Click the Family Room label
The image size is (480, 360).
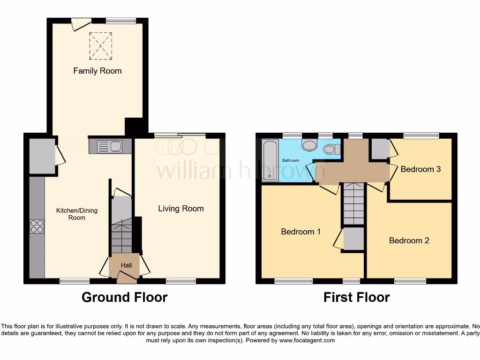tap(97, 71)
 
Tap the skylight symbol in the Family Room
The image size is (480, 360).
tap(101, 46)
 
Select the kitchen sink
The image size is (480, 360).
tap(110, 146)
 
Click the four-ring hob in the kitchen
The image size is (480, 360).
tap(37, 226)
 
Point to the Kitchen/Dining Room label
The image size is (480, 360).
tap(77, 214)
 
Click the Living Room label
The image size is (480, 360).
tap(181, 209)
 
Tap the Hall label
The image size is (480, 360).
tap(126, 265)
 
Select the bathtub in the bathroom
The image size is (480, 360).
tap(270, 160)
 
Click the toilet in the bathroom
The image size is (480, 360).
tap(331, 150)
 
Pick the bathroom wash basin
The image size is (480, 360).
tap(309, 145)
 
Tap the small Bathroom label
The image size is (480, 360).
tap(291, 160)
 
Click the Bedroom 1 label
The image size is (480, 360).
tap(300, 232)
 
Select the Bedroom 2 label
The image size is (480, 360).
tap(409, 240)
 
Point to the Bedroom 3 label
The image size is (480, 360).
tap(420, 169)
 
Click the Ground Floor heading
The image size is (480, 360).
tap(125, 297)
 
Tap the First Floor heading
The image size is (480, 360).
tap(357, 297)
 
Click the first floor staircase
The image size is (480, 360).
tap(354, 203)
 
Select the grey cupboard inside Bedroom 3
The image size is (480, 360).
tap(380, 149)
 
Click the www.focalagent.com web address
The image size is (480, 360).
tap(307, 340)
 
